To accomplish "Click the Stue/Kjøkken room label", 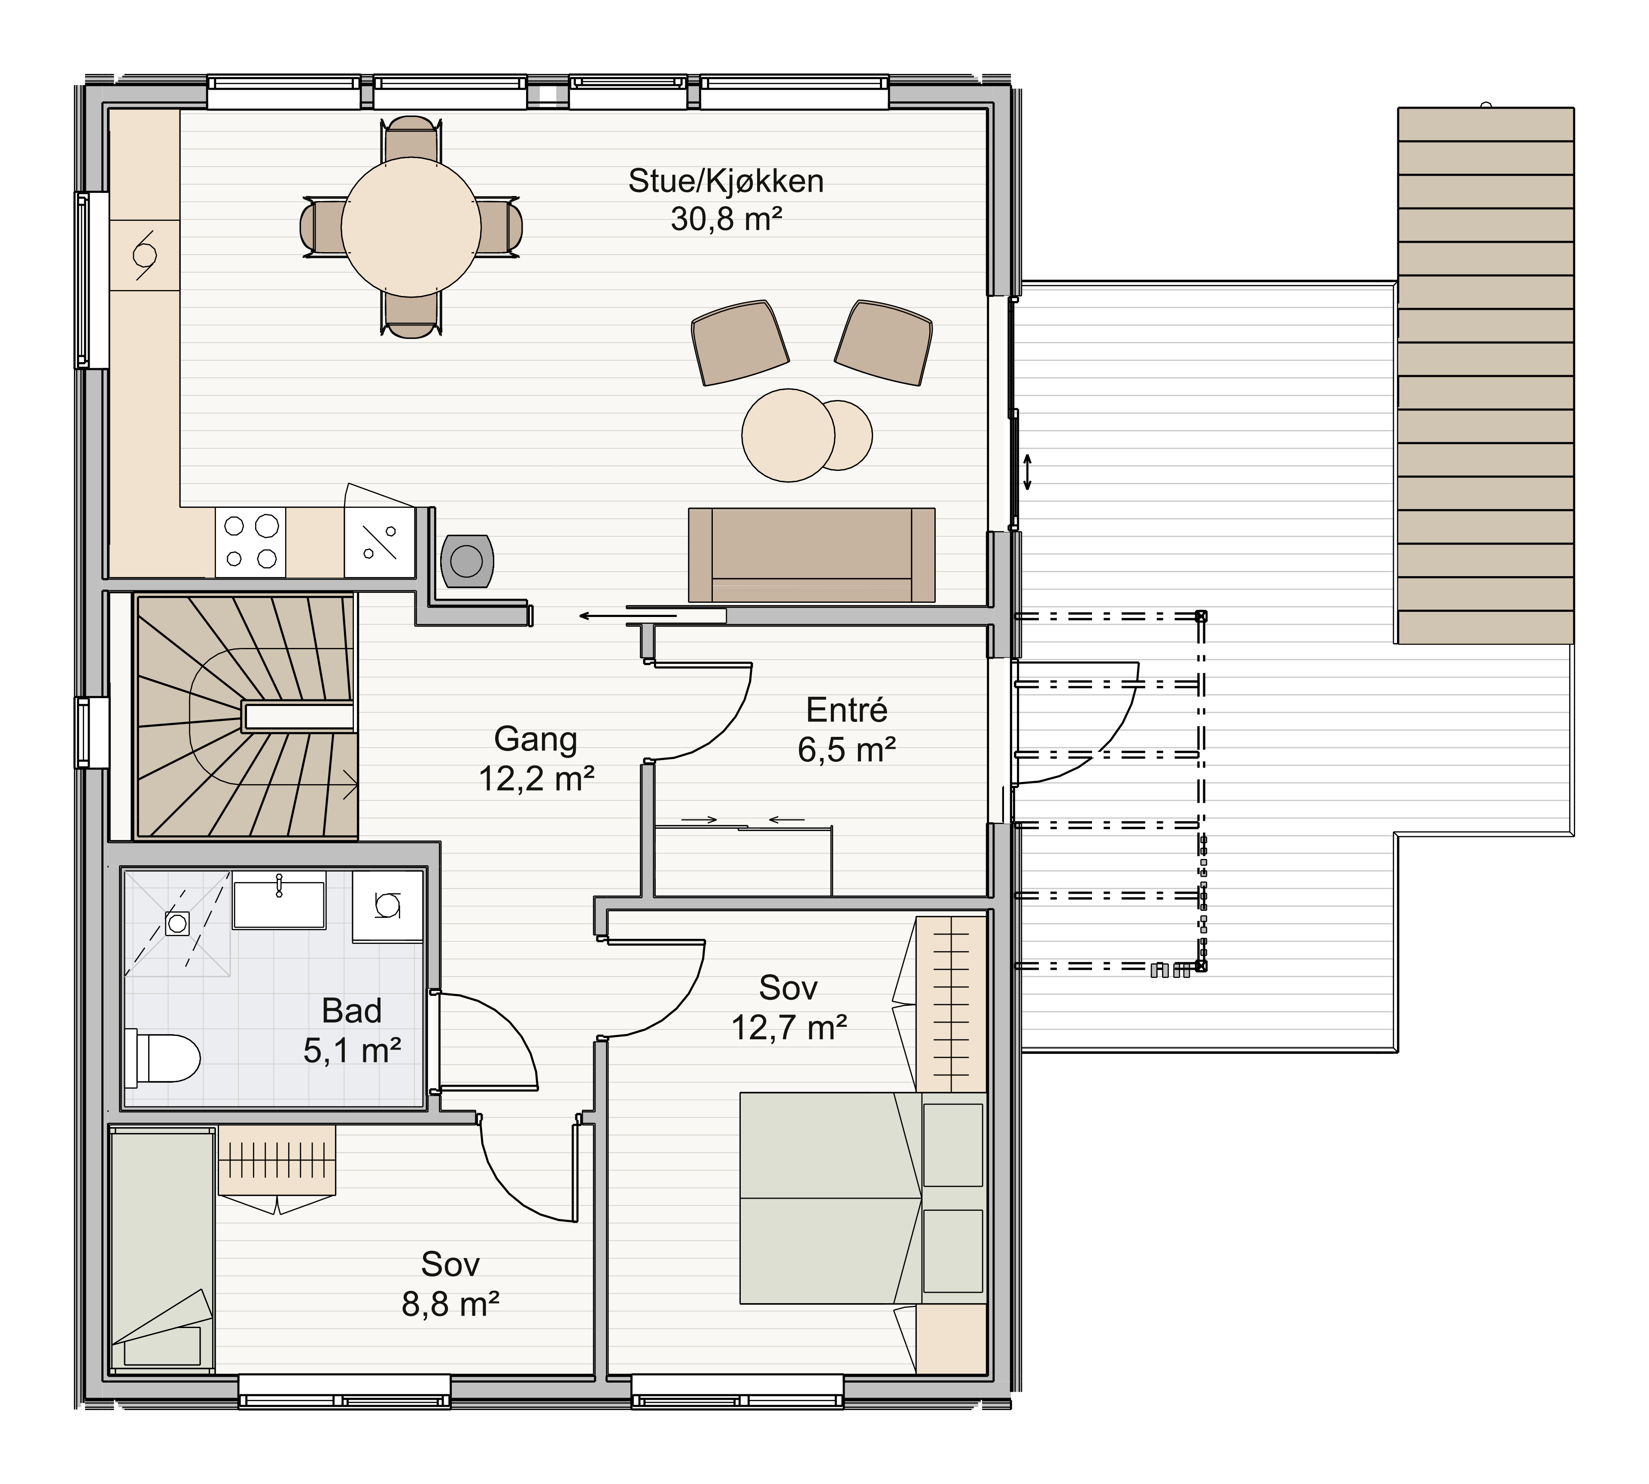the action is click(725, 181).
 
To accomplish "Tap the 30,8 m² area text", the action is click(726, 220).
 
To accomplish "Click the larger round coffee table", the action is click(788, 435).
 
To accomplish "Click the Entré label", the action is click(846, 710).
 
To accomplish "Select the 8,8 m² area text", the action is click(450, 1304).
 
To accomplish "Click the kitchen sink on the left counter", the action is click(144, 254).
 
